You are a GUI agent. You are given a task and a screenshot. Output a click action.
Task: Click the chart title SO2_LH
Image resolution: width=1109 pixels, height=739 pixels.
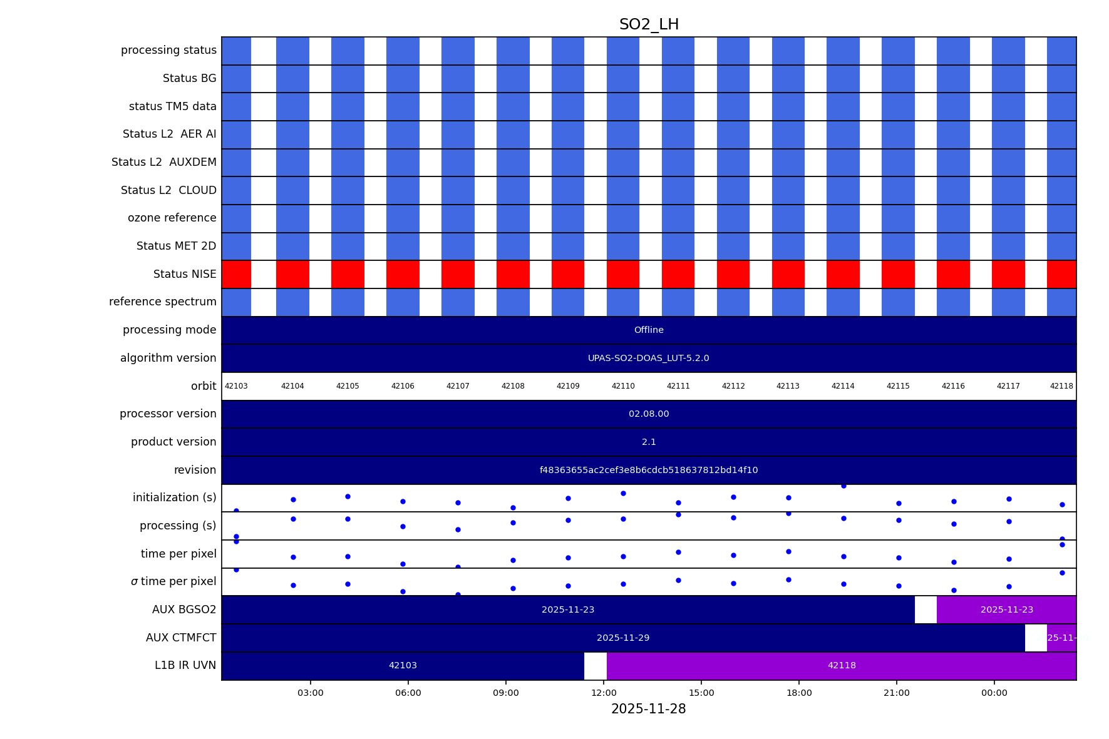[649, 24]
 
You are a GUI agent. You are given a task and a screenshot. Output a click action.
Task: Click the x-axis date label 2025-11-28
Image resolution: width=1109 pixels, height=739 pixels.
[648, 709]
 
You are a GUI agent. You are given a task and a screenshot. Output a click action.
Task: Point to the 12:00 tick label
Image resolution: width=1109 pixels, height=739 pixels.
[604, 693]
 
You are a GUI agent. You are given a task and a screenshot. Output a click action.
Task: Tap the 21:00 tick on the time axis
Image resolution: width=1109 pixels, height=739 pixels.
[897, 693]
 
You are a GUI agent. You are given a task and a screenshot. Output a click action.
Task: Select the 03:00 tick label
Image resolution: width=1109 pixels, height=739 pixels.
[311, 693]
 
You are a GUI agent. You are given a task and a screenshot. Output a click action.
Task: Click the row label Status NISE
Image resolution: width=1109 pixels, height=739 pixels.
[185, 274]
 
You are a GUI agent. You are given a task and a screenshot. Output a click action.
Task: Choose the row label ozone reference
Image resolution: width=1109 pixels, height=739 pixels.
[172, 218]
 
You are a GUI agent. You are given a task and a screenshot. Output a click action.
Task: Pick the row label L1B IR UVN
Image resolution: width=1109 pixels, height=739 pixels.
[185, 665]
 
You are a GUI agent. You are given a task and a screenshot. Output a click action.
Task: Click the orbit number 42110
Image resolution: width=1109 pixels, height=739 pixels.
[623, 386]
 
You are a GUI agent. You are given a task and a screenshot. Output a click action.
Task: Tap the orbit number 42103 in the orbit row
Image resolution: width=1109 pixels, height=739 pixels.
[236, 386]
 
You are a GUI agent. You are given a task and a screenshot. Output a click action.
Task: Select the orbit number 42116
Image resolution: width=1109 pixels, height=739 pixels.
[953, 386]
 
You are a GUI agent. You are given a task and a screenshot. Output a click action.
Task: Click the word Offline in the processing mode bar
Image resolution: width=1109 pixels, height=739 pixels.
[649, 330]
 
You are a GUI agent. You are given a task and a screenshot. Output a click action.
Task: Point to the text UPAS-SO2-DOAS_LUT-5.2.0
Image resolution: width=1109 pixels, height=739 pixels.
[649, 358]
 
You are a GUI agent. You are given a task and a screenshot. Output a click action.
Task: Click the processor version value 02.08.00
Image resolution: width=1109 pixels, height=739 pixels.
[649, 414]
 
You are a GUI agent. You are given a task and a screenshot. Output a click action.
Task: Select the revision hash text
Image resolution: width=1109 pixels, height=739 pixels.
[649, 470]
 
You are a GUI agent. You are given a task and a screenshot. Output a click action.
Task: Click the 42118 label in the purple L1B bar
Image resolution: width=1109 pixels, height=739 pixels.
[842, 665]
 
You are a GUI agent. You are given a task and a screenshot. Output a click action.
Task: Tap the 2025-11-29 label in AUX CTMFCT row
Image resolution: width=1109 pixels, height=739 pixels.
[623, 638]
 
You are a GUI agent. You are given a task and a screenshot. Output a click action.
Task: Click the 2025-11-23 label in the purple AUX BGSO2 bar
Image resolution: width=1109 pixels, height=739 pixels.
[1007, 609]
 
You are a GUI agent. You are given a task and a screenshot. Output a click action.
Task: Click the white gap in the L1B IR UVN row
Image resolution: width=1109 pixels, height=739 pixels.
[596, 665]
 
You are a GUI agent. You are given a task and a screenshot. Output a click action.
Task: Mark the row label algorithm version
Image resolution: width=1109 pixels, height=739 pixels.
[168, 358]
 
